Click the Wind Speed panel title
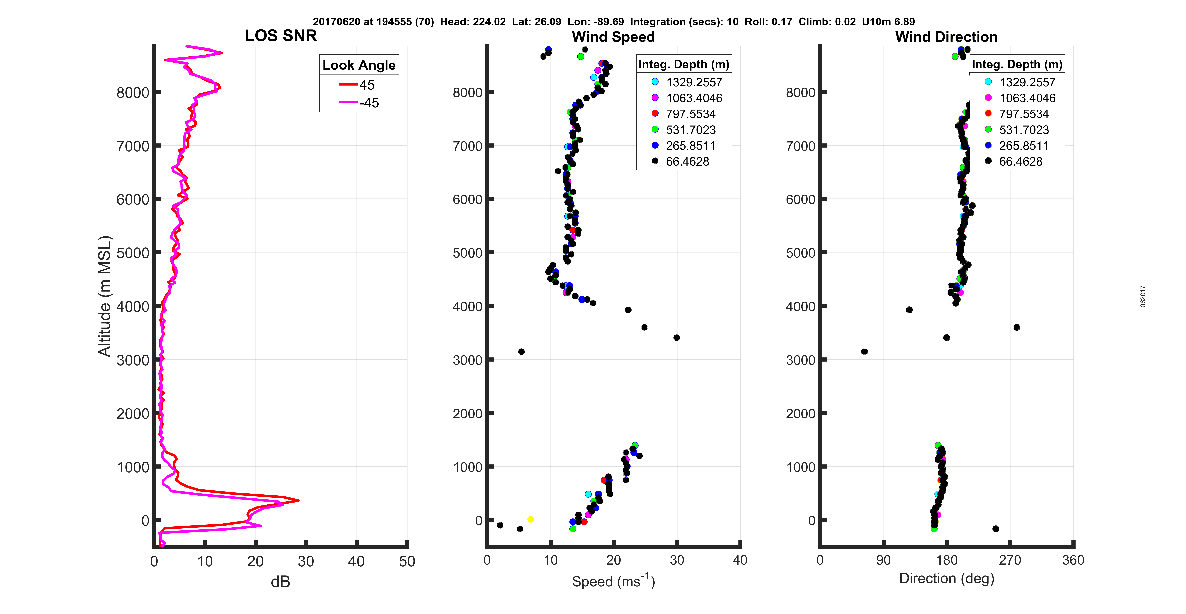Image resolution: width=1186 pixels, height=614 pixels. click(613, 37)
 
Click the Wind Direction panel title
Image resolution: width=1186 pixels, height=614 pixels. click(946, 37)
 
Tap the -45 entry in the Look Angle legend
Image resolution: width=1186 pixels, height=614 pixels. click(369, 103)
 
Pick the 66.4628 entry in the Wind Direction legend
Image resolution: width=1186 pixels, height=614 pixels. click(1020, 161)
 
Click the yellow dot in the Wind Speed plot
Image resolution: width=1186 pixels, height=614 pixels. click(530, 519)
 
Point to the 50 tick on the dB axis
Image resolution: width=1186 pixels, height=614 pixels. click(407, 561)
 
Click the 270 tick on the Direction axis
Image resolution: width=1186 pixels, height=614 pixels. click(1010, 560)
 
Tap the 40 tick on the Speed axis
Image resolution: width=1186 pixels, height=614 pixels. click(740, 560)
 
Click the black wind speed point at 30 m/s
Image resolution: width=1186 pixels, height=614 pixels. click(676, 338)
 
